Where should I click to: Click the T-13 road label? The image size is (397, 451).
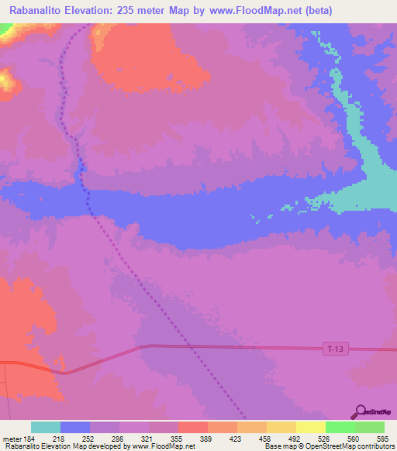click(x=333, y=350)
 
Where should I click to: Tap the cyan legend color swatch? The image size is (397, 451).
click(x=46, y=427)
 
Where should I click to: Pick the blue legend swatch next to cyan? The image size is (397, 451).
click(x=75, y=427)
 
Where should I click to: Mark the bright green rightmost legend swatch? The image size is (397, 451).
click(x=370, y=427)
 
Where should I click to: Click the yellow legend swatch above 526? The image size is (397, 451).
click(x=311, y=427)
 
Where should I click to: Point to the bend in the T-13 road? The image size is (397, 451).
click(x=144, y=346)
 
